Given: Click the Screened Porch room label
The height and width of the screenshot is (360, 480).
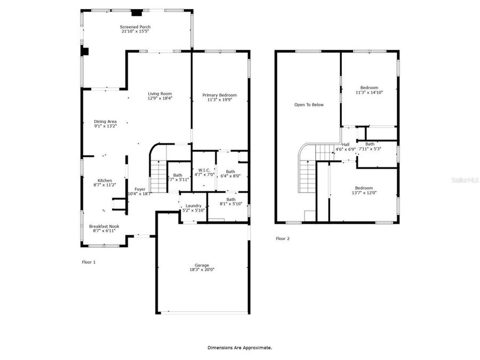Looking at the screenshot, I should (x=135, y=27).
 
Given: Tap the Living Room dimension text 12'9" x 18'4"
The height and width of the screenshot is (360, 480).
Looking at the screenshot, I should (x=160, y=98).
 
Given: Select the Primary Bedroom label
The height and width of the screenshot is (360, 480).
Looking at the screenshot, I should (x=219, y=95).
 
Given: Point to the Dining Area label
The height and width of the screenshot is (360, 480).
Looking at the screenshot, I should (x=105, y=121).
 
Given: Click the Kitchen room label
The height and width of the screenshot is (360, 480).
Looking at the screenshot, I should (x=105, y=180).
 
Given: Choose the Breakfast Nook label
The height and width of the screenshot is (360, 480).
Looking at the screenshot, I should (x=104, y=226).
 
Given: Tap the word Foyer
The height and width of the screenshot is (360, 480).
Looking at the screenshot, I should (x=140, y=189).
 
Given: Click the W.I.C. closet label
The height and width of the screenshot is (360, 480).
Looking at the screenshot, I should (x=203, y=170).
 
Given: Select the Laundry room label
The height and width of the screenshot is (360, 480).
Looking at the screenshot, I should (x=193, y=205).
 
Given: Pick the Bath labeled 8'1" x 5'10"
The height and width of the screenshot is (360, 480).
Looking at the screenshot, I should (x=231, y=199).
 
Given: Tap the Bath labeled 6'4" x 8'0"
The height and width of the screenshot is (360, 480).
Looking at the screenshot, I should (x=230, y=172).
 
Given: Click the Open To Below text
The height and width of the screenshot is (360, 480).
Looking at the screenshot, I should (x=309, y=105).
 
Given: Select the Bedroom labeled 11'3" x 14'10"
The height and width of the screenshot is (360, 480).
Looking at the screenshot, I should (x=369, y=87).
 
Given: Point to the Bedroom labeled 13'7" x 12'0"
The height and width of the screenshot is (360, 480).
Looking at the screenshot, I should (x=364, y=188).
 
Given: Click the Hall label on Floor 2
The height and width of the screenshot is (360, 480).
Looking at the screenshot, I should (x=346, y=145).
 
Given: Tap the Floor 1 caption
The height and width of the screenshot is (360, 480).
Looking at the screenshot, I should (x=89, y=262).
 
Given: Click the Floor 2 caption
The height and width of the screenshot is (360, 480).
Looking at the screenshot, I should (x=283, y=238).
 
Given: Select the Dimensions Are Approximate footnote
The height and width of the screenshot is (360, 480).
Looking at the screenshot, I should (x=239, y=347).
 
